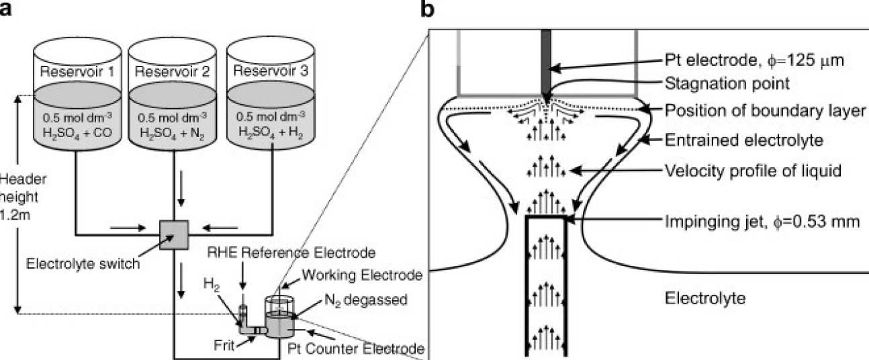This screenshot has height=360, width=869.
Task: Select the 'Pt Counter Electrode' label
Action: point(356,348)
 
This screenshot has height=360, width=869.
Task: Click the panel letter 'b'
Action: point(428,9)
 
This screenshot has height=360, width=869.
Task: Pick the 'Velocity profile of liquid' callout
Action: point(752,171)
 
